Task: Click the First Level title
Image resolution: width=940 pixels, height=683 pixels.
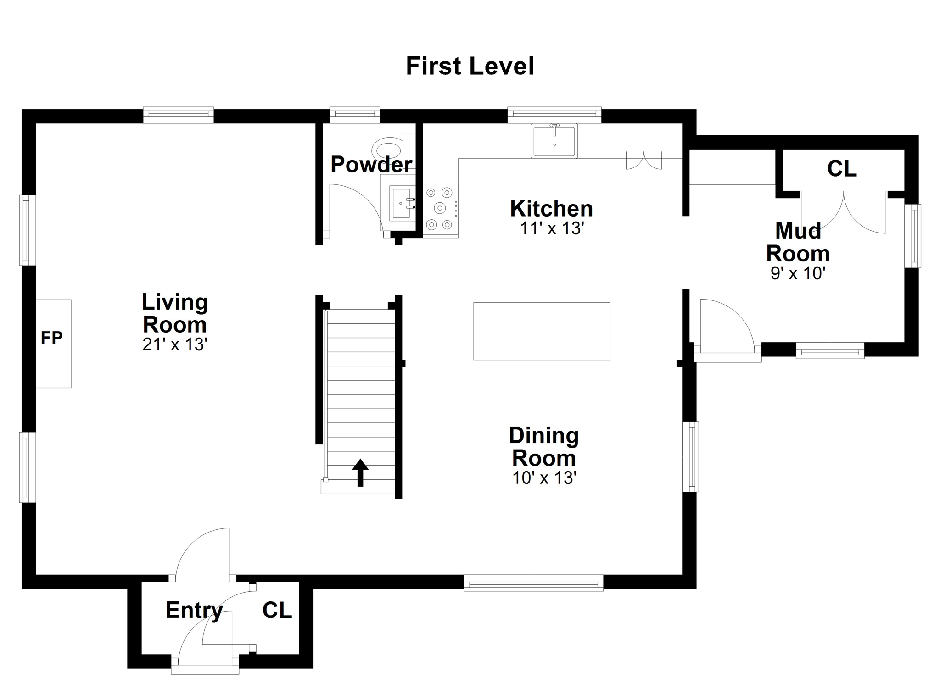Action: [470, 66]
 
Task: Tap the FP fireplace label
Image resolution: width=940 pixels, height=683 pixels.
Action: [51, 338]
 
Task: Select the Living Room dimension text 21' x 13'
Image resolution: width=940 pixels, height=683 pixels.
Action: [175, 344]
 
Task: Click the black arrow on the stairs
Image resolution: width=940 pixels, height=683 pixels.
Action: [360, 472]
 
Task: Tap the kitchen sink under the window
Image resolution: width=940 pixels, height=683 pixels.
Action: [554, 140]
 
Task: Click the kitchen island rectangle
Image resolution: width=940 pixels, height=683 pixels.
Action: [542, 331]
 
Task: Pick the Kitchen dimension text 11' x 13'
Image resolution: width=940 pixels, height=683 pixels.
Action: [551, 228]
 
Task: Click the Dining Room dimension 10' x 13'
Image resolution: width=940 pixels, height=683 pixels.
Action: [544, 478]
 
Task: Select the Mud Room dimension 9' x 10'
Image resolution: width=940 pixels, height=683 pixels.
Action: [798, 273]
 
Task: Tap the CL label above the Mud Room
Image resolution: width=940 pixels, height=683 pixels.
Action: [842, 169]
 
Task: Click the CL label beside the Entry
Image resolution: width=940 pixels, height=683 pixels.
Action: [277, 610]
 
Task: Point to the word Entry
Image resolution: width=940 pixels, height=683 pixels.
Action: [194, 611]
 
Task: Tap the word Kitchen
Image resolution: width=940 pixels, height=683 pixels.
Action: [551, 209]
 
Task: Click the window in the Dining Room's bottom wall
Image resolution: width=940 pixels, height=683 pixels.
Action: [533, 583]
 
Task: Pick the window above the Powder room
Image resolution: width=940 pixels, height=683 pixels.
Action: [355, 115]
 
